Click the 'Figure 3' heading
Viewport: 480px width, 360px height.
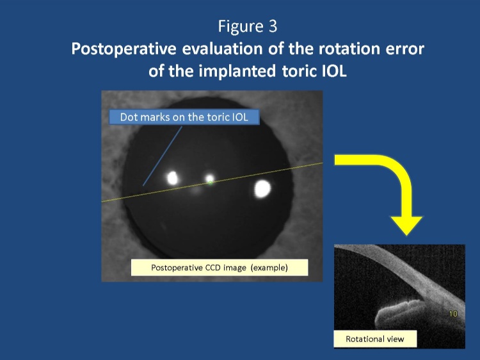[247, 26]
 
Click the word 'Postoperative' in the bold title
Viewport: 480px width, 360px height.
[124, 49]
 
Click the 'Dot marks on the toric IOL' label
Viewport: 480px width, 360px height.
[184, 117]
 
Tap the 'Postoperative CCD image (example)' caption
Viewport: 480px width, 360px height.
[220, 268]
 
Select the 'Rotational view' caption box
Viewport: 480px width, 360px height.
[375, 339]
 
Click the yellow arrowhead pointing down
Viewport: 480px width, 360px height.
[406, 225]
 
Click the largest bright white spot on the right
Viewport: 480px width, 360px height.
[262, 188]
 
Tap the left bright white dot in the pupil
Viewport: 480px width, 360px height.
[173, 178]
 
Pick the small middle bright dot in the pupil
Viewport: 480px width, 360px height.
[210, 178]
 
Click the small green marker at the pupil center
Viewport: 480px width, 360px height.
[211, 183]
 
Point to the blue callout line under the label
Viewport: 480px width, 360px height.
[163, 156]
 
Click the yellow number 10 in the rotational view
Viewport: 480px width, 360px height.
[453, 314]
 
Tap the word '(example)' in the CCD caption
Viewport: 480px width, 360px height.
[269, 268]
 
